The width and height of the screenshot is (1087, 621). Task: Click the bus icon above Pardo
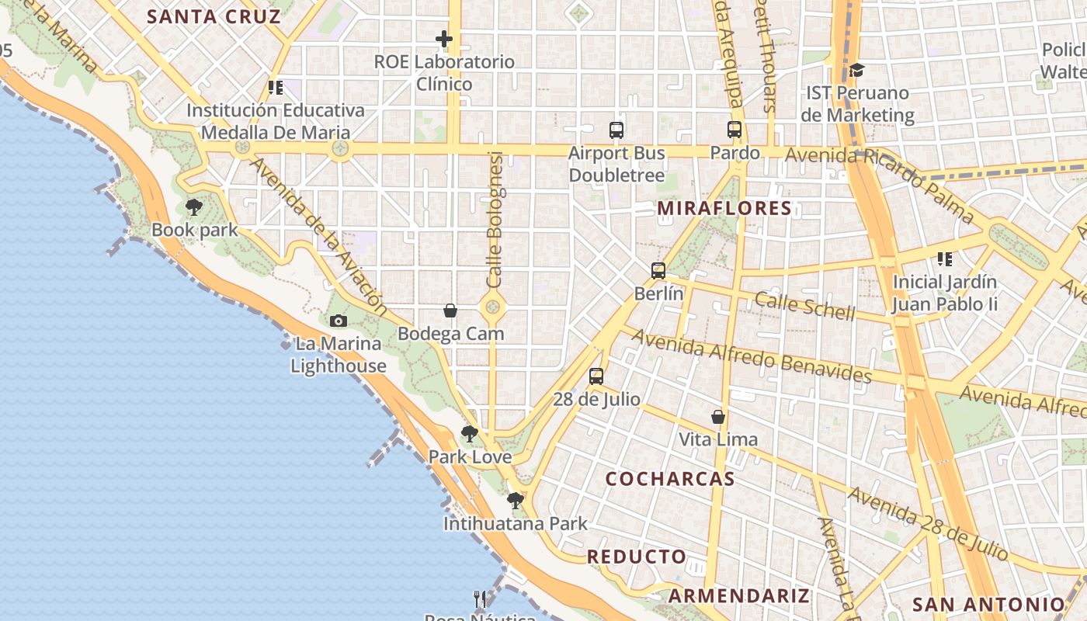pos(735,130)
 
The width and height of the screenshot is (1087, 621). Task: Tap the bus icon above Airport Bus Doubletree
pos(616,130)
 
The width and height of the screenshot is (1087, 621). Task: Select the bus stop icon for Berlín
pos(658,271)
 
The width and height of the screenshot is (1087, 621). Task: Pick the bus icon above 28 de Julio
pos(596,376)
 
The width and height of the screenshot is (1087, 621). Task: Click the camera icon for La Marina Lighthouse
pos(338,321)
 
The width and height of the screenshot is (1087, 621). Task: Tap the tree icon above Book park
pos(194,207)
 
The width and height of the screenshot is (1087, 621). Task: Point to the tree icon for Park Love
pos(469,434)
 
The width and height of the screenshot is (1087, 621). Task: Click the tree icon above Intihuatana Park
pos(515,501)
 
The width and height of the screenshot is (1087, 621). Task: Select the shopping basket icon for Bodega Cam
pos(450,310)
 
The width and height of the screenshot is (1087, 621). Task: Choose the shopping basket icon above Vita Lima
pos(718,417)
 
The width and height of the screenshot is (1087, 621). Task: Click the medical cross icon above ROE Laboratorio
pos(444,38)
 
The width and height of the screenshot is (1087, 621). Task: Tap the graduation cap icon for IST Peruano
pos(856,71)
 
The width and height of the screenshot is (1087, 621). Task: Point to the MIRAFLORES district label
pos(724,208)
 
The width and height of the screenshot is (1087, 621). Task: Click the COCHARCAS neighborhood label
pos(670,479)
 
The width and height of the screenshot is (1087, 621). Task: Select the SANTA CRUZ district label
pos(214,16)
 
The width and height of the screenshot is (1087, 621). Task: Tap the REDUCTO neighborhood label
pos(637,557)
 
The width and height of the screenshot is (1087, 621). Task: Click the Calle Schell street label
pos(804,307)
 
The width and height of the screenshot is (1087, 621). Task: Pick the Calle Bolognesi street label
pos(495,219)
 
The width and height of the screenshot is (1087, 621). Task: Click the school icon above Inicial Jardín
pos(944,258)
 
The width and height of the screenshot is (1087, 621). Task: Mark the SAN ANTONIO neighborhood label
pos(988,605)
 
